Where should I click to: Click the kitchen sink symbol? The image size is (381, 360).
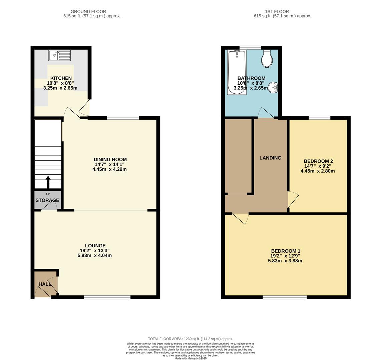click(59, 55)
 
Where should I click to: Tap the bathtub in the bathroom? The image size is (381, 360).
click(237, 72)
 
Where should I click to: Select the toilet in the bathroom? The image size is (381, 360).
click(267, 59)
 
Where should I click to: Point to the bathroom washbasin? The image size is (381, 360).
click(273, 88)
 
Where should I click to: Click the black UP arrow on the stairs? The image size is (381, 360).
click(48, 182)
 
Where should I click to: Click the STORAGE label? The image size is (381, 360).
click(47, 200)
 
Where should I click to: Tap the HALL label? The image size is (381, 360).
click(45, 284)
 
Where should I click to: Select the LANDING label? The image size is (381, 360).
click(270, 158)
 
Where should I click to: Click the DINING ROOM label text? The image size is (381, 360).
click(110, 160)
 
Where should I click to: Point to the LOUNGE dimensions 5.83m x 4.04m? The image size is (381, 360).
click(95, 256)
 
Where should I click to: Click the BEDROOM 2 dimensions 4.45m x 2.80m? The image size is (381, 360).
click(318, 171)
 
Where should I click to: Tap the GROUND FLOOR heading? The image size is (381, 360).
click(88, 12)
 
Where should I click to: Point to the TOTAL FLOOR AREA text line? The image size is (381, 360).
click(190, 339)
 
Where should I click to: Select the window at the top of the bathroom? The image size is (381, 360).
click(250, 48)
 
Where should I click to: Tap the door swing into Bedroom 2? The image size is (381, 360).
click(293, 199)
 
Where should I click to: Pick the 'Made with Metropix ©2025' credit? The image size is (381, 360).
click(190, 358)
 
